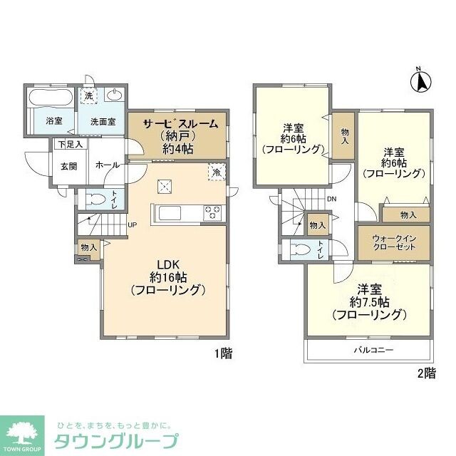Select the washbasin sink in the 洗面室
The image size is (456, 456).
click(x=113, y=95)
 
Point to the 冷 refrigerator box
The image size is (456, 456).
click(x=215, y=172)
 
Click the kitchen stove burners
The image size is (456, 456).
click(x=213, y=212)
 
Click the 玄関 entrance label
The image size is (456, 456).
click(x=68, y=167)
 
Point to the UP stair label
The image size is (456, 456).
click(x=133, y=226)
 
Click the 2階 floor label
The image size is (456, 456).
click(x=425, y=373)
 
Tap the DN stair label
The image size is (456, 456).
click(x=331, y=200)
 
